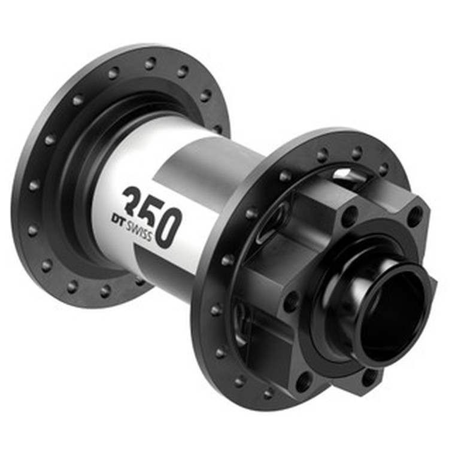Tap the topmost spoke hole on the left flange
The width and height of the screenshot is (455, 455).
click(151, 62)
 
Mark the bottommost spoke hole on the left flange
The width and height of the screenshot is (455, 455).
click(105, 291)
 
